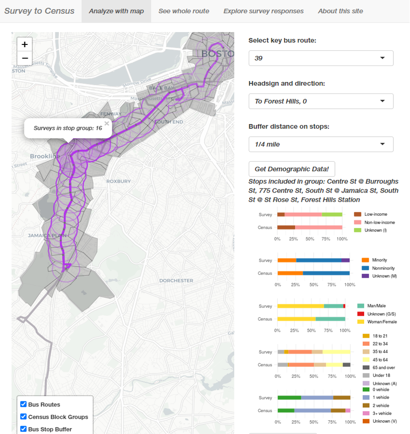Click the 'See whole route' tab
184,11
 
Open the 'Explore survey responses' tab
263,11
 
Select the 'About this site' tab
340,11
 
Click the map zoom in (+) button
25,44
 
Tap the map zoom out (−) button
25,58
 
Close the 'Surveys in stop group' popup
107,123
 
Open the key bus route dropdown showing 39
321,58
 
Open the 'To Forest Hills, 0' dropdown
321,101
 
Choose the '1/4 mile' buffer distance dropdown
321,144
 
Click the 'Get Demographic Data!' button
292,169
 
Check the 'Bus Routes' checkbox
23,404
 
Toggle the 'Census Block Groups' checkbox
23,417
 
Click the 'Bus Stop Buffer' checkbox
23,429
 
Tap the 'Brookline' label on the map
45,156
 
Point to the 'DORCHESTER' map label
176,280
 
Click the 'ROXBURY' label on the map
119,181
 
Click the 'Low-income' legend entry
375,214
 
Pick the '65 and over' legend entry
383,368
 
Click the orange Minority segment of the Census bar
290,273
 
